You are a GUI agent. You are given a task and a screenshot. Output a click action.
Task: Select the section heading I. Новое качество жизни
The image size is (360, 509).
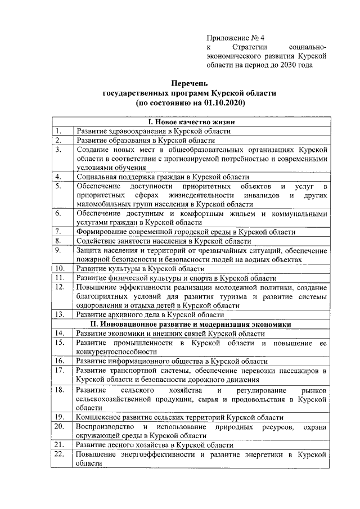pyautogui.click(x=191, y=122)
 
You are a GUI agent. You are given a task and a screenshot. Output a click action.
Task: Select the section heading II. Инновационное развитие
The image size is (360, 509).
pyautogui.click(x=191, y=325)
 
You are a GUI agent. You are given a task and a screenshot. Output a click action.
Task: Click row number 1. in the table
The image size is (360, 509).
pyautogui.click(x=58, y=131)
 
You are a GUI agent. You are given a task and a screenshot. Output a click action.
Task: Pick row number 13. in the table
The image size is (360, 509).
pyautogui.click(x=60, y=315)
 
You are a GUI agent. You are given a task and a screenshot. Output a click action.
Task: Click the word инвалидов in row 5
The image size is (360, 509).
pyautogui.click(x=262, y=195)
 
